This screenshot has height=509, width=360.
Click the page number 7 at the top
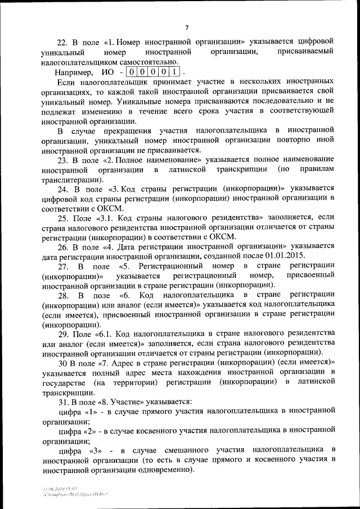coord(187,28)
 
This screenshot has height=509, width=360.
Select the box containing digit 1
coord(175,72)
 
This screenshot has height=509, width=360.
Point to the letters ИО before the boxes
coord(109,72)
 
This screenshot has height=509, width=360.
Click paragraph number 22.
coord(63,42)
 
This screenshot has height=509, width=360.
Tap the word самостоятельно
coord(144,62)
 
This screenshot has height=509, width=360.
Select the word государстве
coord(65,382)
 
